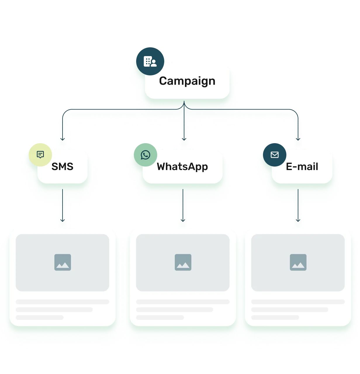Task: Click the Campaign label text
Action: coord(187,81)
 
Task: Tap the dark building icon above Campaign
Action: coord(150,61)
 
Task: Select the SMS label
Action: coord(62,167)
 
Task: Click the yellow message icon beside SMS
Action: coord(40,155)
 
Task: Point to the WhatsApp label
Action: coord(182,167)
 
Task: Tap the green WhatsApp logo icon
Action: coord(145,155)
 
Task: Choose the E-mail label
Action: coord(302,167)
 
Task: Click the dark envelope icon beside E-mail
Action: coord(274,155)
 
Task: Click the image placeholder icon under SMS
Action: coord(63,262)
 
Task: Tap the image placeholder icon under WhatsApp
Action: coord(183,262)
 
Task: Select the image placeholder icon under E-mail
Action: coord(298,262)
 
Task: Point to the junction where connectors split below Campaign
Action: coord(184,108)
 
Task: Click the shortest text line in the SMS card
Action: coord(40,317)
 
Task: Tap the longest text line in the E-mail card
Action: coord(298,302)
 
